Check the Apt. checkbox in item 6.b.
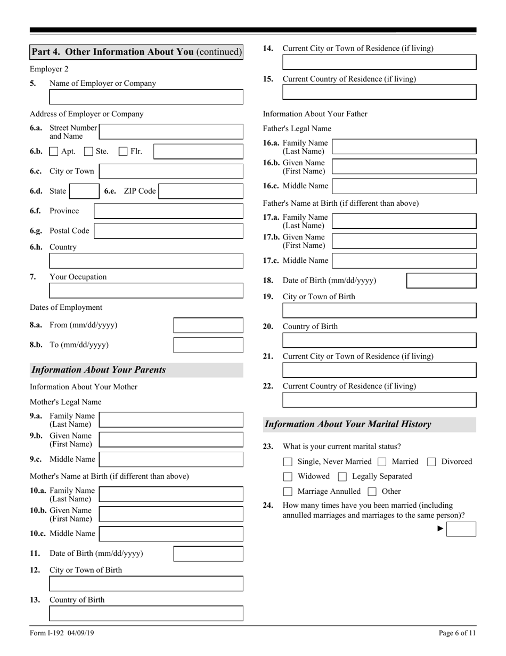54,151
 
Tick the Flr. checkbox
123,151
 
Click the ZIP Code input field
201,191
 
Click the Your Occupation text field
146,291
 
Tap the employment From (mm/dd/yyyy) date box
208,325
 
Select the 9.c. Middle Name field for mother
171,460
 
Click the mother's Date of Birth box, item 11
208,554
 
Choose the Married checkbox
382,462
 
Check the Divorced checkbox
432,462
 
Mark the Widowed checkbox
288,477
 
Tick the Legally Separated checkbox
342,477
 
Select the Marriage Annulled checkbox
288,492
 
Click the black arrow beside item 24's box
440,529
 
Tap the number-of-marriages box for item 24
461,529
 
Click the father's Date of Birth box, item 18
441,281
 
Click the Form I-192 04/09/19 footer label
62,634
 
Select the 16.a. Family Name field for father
404,147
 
